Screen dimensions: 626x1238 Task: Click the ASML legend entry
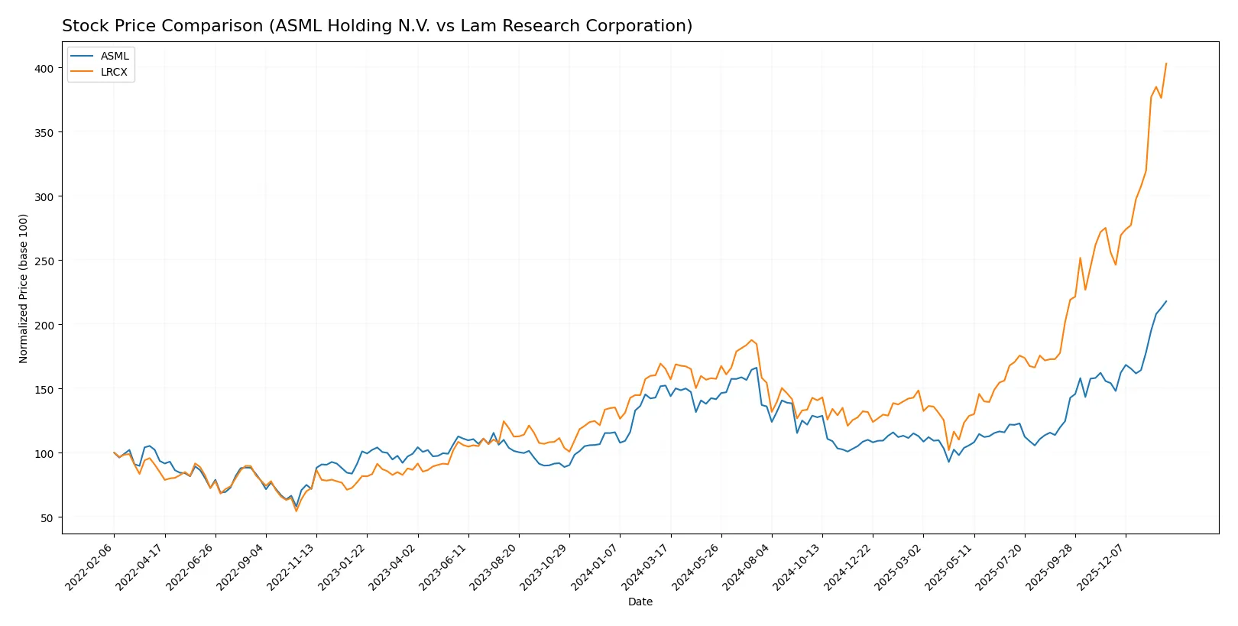pyautogui.click(x=114, y=56)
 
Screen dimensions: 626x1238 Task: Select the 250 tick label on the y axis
pyautogui.click(x=44, y=261)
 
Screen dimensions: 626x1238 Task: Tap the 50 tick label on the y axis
pyautogui.click(x=47, y=517)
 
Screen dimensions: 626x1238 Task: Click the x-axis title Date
pyautogui.click(x=640, y=602)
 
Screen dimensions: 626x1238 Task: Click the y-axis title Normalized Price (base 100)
pyautogui.click(x=24, y=288)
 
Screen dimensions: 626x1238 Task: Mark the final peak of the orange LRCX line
pyautogui.click(x=1165, y=63)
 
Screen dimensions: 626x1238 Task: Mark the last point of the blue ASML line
pyautogui.click(x=1165, y=301)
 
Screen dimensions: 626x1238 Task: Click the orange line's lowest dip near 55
pyautogui.click(x=297, y=511)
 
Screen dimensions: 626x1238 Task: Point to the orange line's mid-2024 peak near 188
pyautogui.click(x=751, y=340)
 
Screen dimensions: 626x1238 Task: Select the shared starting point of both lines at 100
pyautogui.click(x=115, y=453)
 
